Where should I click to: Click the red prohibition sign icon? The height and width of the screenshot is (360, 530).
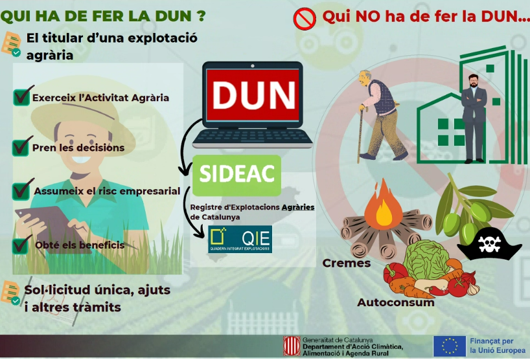(305, 19)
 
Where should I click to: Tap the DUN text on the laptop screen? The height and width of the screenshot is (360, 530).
(253, 96)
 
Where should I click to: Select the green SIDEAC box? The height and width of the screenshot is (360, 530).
(236, 175)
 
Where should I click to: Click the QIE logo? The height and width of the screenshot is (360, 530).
(240, 239)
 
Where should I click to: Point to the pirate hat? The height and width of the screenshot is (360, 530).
(489, 245)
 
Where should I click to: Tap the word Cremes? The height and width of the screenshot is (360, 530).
(347, 263)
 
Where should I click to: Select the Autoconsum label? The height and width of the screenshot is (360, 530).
(396, 302)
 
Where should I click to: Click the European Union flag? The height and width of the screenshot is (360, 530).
(450, 346)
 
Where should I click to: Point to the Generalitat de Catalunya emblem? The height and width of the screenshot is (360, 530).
(292, 346)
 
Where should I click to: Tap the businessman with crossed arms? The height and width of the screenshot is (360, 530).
(474, 118)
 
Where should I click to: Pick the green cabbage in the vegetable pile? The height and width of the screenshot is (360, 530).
(426, 260)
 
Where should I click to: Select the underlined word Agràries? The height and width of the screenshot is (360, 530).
(298, 207)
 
